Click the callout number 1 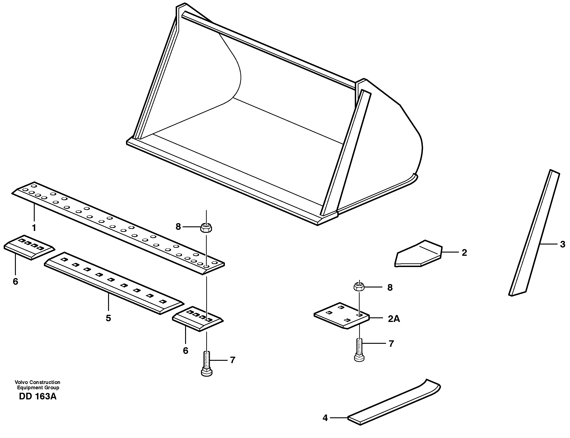tap(34, 228)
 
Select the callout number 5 tap(108, 318)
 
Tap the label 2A tap(394, 319)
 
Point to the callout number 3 tap(562, 244)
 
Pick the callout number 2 tap(464, 252)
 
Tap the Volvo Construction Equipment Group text tap(37, 385)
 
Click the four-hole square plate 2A tap(342, 316)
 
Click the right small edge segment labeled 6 tap(198, 319)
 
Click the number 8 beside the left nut tap(178, 227)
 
